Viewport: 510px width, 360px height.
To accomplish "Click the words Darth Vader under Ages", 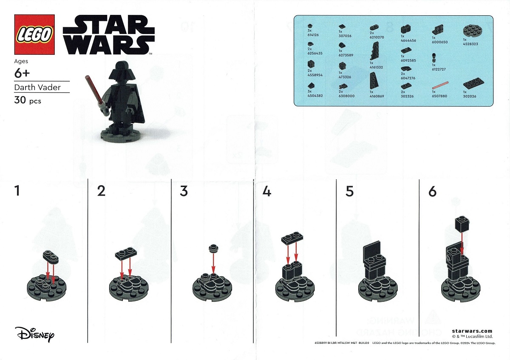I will [37, 87].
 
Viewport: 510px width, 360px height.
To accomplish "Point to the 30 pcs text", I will [28, 101].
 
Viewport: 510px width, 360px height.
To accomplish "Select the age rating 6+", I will [22, 73].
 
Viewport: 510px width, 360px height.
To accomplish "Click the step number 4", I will [266, 192].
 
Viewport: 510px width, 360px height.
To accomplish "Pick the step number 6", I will [432, 192].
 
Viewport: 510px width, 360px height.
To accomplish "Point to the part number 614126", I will [313, 35].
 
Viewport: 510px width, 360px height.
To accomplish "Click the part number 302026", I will [469, 96].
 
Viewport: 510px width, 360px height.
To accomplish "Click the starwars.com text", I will [472, 331].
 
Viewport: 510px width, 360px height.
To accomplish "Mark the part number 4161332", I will [376, 67].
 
